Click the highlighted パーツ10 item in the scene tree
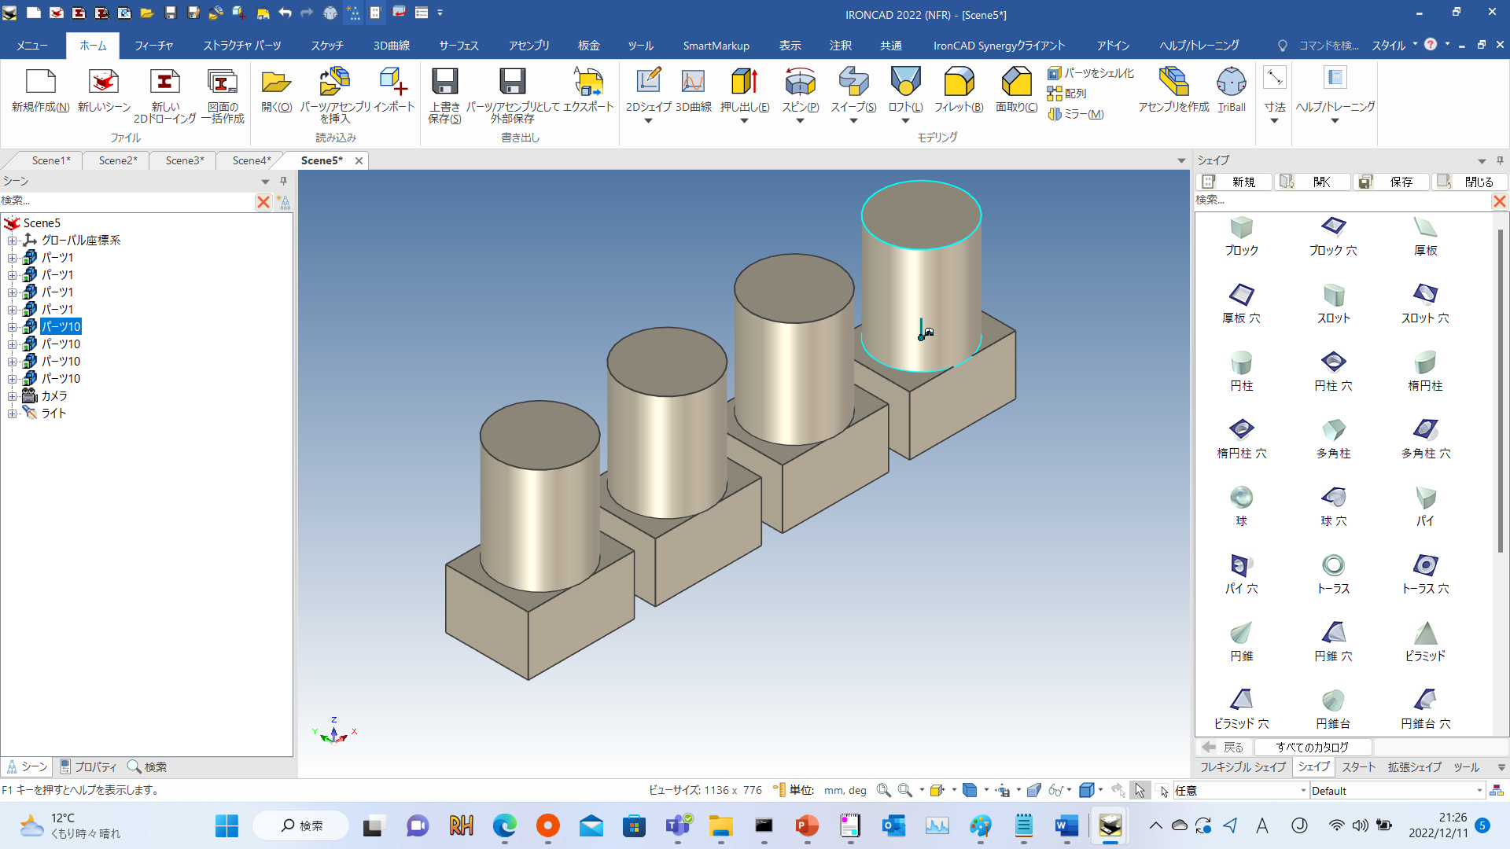click(x=61, y=327)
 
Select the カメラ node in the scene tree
click(x=53, y=396)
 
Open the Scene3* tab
click(x=184, y=160)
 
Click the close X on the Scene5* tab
click(x=359, y=160)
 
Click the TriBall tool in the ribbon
click(x=1231, y=90)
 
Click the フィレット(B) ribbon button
click(x=959, y=90)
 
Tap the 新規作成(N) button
click(x=40, y=90)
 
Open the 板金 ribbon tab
click(x=588, y=46)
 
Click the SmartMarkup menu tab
click(x=716, y=46)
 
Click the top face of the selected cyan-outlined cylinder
click(x=921, y=214)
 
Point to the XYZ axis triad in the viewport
click(x=334, y=733)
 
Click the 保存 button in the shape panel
click(x=1392, y=182)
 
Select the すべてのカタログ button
click(x=1312, y=747)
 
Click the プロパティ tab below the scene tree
click(x=88, y=766)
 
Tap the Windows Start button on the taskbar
click(x=226, y=825)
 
